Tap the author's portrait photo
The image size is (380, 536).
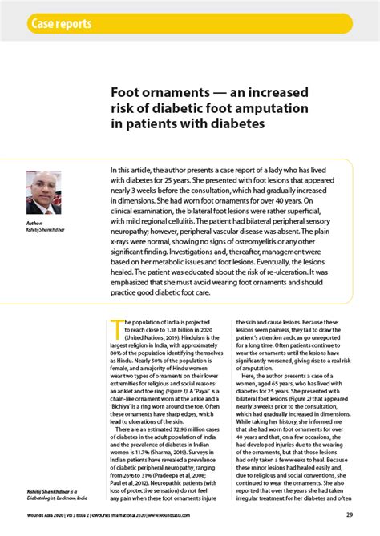click(x=43, y=191)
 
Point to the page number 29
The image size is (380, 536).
click(x=350, y=515)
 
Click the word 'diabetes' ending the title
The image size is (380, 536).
click(x=239, y=125)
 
